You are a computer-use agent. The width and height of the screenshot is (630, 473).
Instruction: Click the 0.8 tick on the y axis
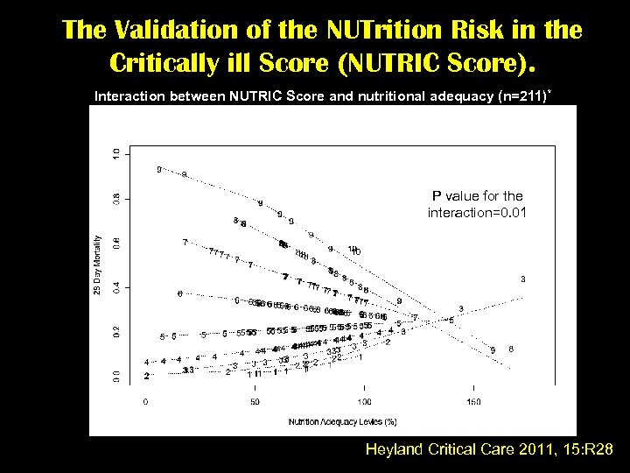pyautogui.click(x=118, y=199)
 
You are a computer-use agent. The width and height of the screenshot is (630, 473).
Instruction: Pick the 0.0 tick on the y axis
pyautogui.click(x=118, y=376)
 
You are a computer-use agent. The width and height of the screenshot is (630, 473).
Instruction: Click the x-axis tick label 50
pyautogui.click(x=255, y=402)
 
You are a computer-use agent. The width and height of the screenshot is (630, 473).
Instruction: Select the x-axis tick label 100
pyautogui.click(x=363, y=402)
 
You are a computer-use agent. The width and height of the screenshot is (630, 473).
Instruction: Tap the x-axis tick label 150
pyautogui.click(x=473, y=402)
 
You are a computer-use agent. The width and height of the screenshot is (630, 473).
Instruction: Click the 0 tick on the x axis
pyautogui.click(x=146, y=402)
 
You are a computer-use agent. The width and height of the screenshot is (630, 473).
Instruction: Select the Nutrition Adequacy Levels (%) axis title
pyautogui.click(x=336, y=421)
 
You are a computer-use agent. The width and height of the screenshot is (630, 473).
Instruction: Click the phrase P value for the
pyautogui.click(x=477, y=196)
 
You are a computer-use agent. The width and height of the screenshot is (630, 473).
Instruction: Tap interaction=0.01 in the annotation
pyautogui.click(x=477, y=213)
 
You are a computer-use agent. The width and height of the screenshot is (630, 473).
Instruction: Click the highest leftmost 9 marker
pyautogui.click(x=158, y=169)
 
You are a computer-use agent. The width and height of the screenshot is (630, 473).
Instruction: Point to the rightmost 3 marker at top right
pyautogui.click(x=523, y=279)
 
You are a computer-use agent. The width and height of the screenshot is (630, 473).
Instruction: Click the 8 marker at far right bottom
pyautogui.click(x=511, y=349)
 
